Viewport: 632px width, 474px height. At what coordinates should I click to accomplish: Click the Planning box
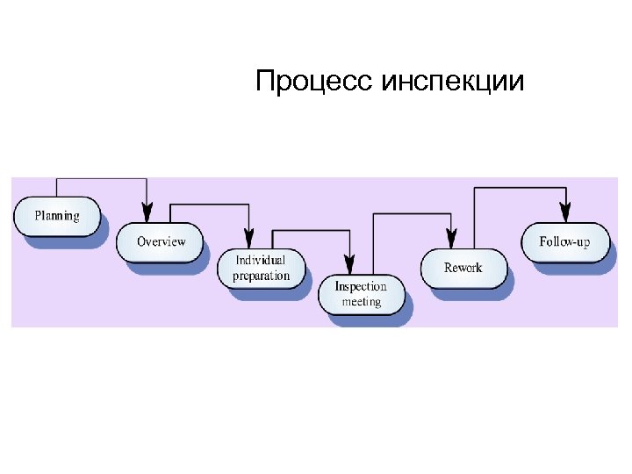(x=57, y=216)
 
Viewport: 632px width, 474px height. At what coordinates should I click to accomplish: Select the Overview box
(x=161, y=241)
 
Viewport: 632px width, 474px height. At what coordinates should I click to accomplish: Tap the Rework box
(x=463, y=268)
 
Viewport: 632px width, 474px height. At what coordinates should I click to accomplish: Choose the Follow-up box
(x=564, y=241)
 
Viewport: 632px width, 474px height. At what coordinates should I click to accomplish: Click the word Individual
(x=261, y=261)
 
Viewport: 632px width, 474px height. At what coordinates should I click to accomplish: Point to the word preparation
(x=261, y=276)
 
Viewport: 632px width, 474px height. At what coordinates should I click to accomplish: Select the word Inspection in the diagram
(x=361, y=287)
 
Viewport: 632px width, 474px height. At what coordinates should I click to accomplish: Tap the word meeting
(x=361, y=302)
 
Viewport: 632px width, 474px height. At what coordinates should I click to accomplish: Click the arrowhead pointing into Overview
(x=147, y=212)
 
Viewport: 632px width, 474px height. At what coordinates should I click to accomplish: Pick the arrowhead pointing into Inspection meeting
(x=349, y=263)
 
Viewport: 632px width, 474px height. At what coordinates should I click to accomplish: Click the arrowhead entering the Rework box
(x=451, y=238)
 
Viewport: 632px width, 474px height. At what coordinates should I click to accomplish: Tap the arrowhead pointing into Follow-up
(x=564, y=212)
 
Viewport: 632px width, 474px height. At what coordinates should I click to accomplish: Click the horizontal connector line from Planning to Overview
(x=101, y=179)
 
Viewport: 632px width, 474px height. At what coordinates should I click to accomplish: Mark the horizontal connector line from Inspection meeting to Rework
(x=413, y=213)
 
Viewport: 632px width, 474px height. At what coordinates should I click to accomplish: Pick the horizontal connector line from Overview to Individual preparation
(x=209, y=205)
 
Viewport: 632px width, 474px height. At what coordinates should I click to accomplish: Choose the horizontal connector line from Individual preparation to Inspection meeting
(x=311, y=231)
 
